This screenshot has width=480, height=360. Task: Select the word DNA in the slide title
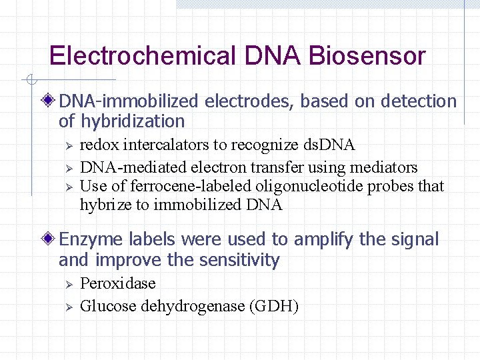click(x=273, y=56)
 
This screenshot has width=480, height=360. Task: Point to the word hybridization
click(x=133, y=121)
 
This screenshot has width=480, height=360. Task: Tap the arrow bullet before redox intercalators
click(x=65, y=145)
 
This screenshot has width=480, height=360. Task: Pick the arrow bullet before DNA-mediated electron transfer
click(x=65, y=167)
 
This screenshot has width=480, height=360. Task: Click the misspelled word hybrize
click(x=104, y=205)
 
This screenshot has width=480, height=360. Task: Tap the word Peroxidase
click(x=117, y=283)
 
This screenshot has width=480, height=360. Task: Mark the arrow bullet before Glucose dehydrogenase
click(x=65, y=306)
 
